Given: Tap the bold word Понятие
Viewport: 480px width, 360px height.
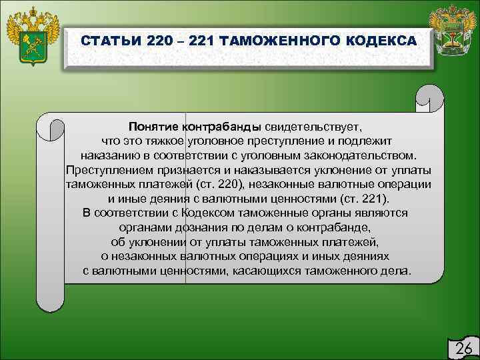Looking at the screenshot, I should coord(155,127).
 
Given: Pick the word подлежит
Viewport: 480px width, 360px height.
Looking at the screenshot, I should coord(370,141).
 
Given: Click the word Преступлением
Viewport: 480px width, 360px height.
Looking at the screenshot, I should coord(109,170).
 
